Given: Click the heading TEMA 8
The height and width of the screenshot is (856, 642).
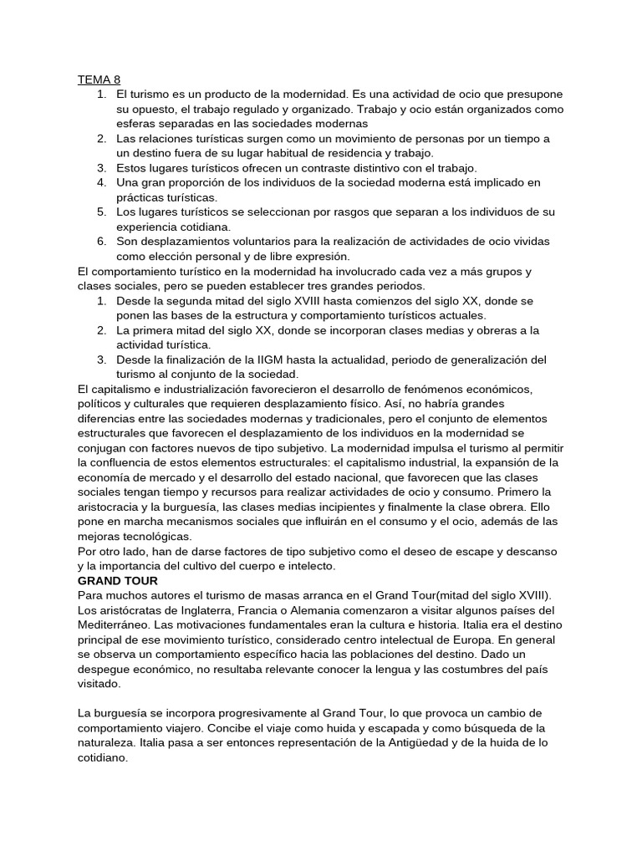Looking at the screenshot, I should pos(99,80).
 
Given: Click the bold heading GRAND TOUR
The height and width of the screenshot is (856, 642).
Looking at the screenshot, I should pos(117,580).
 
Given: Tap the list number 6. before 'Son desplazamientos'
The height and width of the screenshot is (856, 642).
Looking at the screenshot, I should pos(101,242).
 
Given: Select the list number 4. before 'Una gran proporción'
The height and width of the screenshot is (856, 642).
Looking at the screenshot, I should pos(101,182).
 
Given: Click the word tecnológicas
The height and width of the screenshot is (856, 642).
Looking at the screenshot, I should pos(155,536).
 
